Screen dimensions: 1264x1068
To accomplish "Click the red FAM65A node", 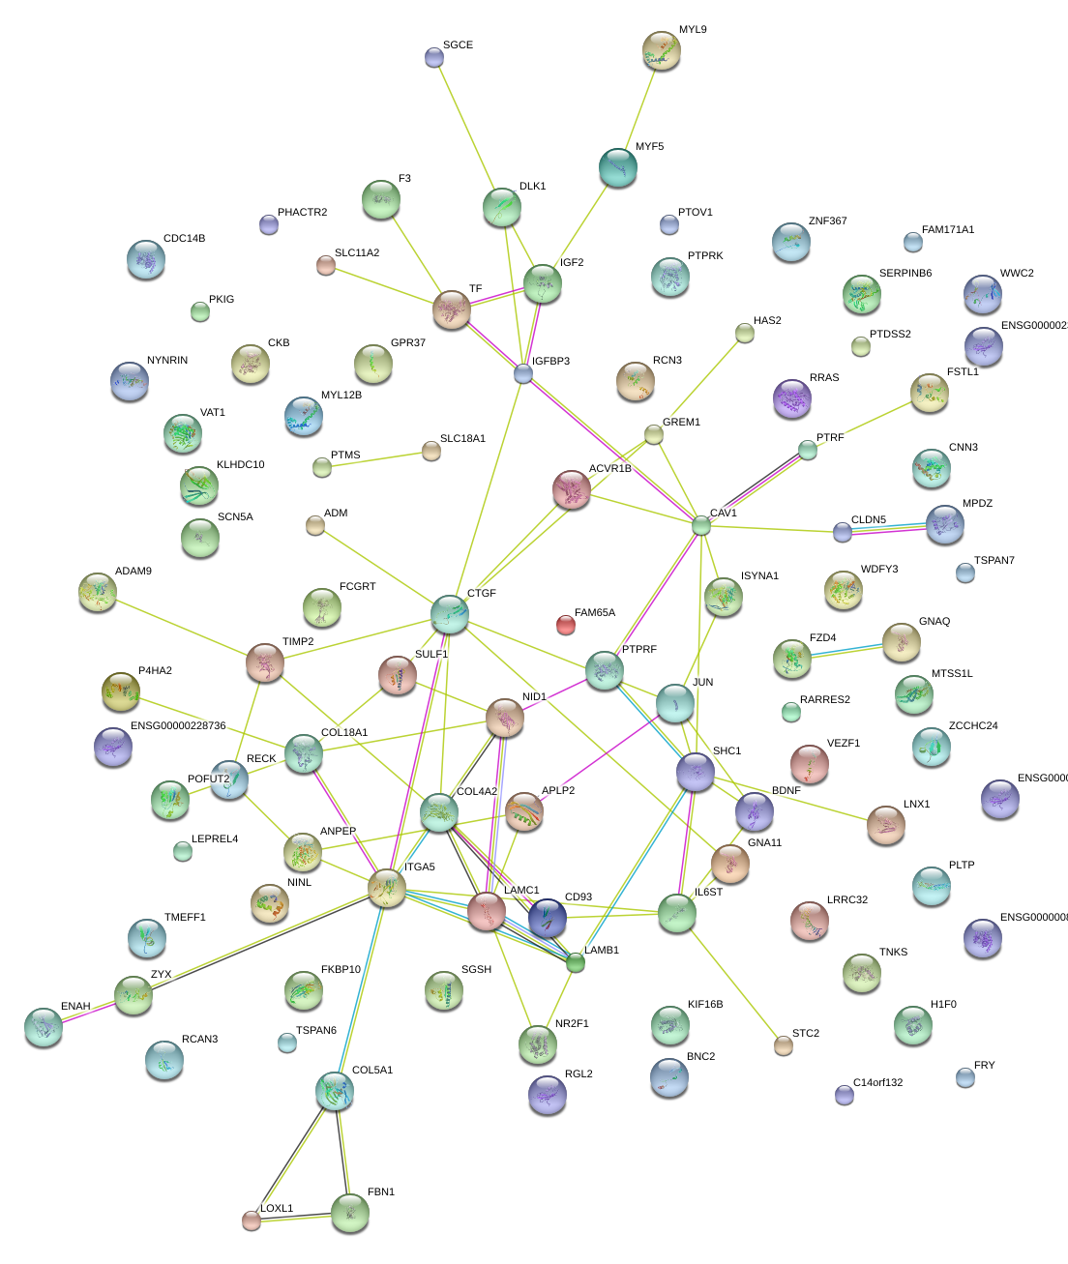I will tap(566, 625).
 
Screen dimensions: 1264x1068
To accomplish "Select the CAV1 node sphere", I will tap(701, 525).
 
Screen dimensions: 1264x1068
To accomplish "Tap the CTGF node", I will tap(450, 613).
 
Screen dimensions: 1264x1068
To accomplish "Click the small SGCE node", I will tap(434, 58).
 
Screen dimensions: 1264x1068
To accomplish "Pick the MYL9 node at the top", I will tap(662, 50).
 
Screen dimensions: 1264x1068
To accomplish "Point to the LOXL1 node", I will tap(252, 1220).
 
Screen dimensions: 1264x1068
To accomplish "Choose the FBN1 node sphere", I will tap(349, 1213).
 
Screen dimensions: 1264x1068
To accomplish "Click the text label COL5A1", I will tap(372, 1071).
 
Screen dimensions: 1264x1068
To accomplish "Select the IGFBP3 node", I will tap(523, 373).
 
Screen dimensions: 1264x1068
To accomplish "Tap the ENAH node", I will tap(44, 1027).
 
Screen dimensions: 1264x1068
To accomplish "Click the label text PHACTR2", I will tap(302, 213).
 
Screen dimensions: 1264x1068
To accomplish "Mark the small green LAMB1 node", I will tap(576, 962).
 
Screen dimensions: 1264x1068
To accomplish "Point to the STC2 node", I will tap(784, 1045).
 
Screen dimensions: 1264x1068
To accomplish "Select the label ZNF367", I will tap(827, 221).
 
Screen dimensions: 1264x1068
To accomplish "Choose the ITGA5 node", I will tap(387, 888).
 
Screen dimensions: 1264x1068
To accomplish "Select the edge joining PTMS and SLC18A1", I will tap(377, 459).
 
